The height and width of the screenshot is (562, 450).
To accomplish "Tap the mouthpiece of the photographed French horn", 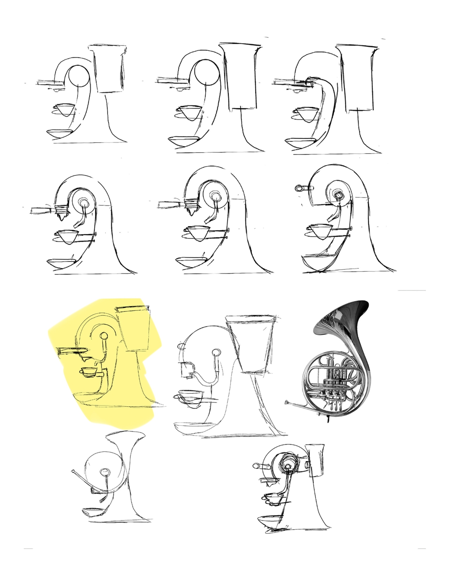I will tap(288, 401).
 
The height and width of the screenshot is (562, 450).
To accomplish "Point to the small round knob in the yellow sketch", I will tap(104, 336).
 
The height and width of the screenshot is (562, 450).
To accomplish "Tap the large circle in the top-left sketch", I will tap(78, 76).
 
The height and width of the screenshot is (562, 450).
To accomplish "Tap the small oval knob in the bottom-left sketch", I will tap(105, 472).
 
